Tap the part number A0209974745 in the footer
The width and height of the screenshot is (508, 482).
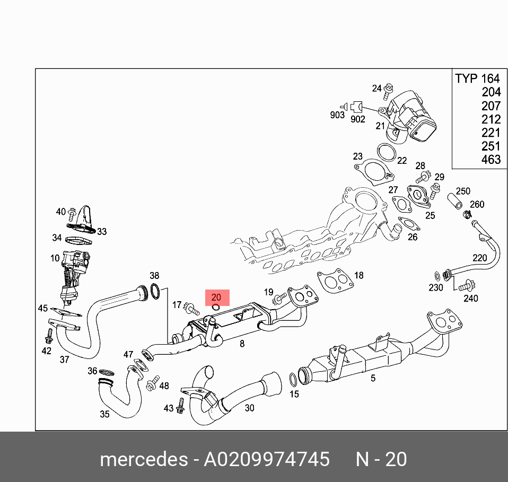(x=267, y=459)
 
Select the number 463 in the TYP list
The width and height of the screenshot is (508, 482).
(x=491, y=159)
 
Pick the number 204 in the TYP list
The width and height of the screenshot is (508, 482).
(x=491, y=92)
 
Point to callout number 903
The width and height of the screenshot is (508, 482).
(x=337, y=115)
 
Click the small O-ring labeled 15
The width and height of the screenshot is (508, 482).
(x=293, y=379)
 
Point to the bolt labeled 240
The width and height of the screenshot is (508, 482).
(x=465, y=286)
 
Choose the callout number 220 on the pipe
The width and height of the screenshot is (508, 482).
(x=479, y=258)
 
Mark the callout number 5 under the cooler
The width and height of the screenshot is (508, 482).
(x=373, y=378)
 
